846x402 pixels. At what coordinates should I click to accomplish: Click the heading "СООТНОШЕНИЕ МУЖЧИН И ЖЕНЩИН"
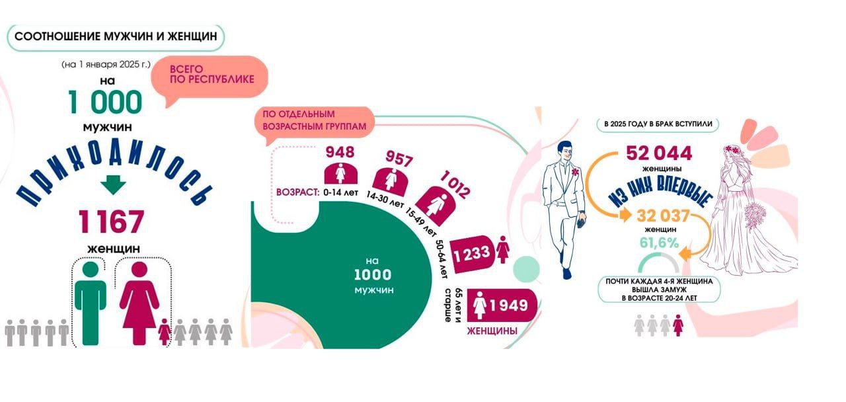coord(116,37)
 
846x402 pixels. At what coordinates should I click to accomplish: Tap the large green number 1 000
coord(105,102)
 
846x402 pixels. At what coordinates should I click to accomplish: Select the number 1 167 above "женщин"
coord(111,221)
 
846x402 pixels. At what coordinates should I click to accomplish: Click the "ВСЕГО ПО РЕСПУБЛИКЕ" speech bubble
coord(211,74)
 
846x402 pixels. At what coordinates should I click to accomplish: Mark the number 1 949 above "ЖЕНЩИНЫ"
coord(508,305)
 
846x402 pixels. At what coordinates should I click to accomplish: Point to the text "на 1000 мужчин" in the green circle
coord(373,275)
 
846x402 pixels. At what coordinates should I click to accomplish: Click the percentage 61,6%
coord(659,243)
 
